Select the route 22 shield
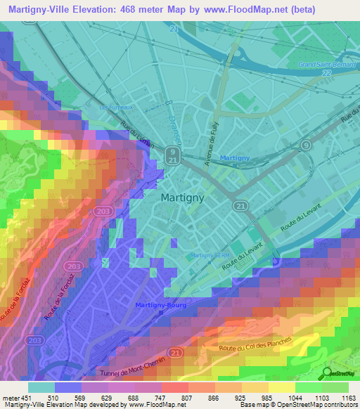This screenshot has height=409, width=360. pyautogui.click(x=326, y=74)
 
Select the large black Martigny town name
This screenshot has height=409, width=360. pyautogui.click(x=182, y=198)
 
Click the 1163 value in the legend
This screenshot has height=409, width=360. pyautogui.click(x=347, y=397)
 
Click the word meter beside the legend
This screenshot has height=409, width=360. pyautogui.click(x=11, y=397)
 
